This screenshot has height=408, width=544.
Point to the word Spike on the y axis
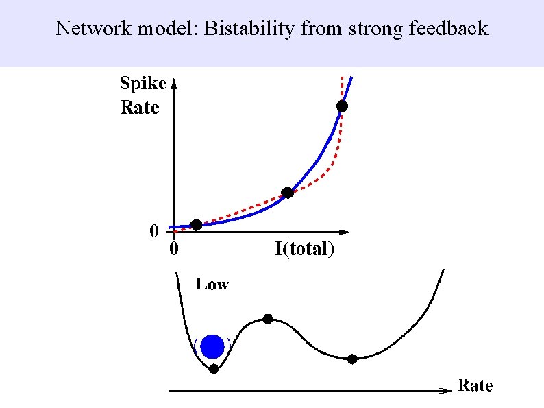(143, 84)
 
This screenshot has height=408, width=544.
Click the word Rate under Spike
(140, 108)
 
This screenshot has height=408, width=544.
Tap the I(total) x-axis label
(305, 249)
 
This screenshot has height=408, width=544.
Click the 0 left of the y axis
(154, 231)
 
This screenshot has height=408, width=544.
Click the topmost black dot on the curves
(342, 106)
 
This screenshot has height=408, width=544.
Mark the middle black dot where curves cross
(288, 193)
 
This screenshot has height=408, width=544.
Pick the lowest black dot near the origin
(197, 224)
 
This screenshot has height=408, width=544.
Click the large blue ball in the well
(213, 346)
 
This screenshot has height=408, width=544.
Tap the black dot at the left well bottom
(214, 369)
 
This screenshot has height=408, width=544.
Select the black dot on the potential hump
(268, 319)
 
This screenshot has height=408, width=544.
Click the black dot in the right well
(352, 359)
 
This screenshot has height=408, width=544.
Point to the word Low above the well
(212, 284)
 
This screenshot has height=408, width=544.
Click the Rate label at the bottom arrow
(475, 385)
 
